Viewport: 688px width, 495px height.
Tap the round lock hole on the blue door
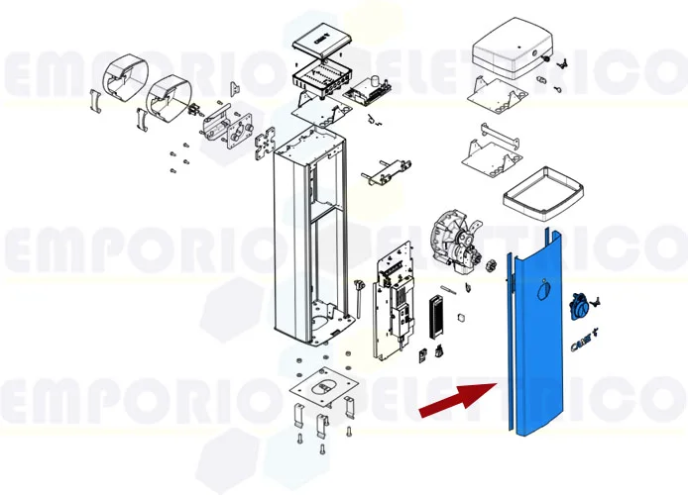[x=540, y=290]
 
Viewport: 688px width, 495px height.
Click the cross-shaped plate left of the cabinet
[x=265, y=147]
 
